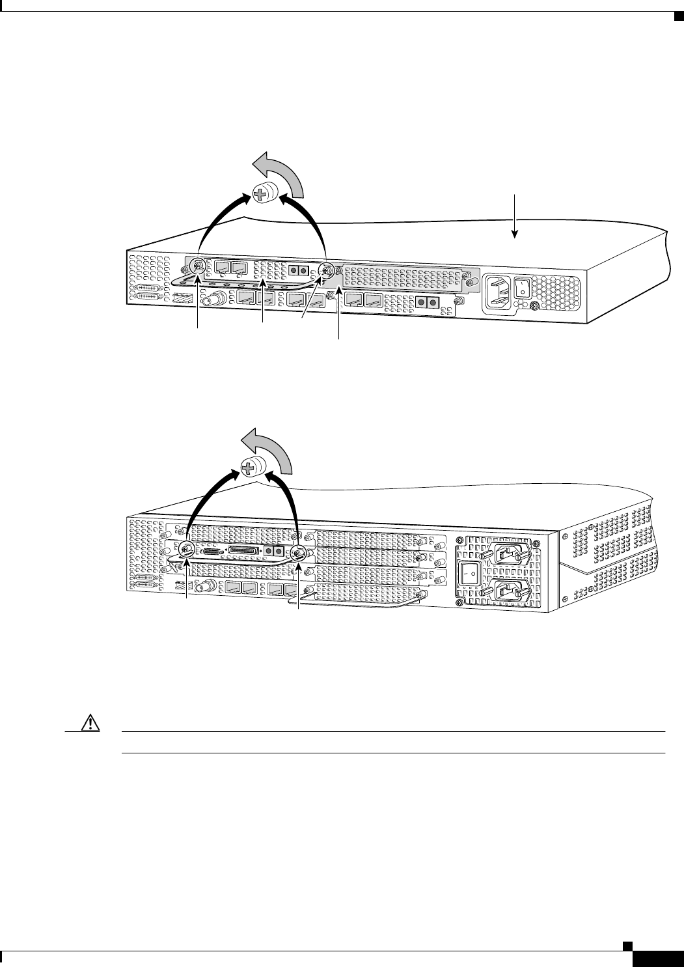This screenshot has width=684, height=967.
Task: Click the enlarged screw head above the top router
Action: (x=264, y=194)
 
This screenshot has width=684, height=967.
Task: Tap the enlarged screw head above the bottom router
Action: (x=252, y=468)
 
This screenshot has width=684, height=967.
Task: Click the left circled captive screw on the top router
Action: (x=197, y=266)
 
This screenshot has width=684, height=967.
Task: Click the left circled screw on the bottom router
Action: (x=186, y=550)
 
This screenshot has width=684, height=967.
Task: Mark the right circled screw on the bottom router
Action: (x=298, y=554)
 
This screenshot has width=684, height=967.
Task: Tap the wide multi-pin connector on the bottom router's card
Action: (x=243, y=551)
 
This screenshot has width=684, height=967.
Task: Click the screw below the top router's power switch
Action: (x=534, y=307)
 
